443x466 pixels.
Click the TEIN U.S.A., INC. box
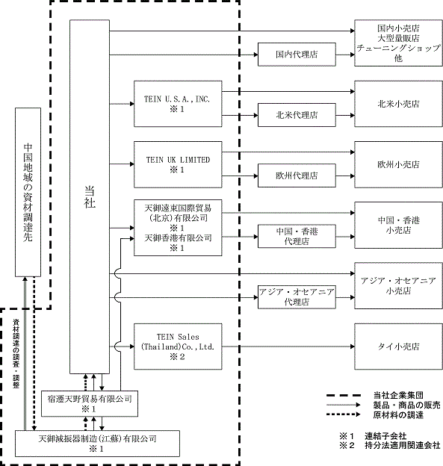(x=178, y=104)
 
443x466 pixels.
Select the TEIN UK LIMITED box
(x=178, y=164)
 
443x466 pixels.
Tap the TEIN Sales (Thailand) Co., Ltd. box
(x=178, y=347)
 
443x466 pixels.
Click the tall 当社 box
(x=90, y=196)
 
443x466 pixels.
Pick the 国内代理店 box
(x=297, y=55)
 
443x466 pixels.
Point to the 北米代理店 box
(x=297, y=115)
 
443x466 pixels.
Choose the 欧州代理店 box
(x=297, y=175)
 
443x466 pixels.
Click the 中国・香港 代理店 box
(x=297, y=236)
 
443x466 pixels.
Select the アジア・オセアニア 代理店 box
(x=297, y=297)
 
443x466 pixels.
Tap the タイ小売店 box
(x=398, y=347)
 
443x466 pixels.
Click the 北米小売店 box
(x=398, y=104)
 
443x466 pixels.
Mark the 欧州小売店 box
(x=398, y=164)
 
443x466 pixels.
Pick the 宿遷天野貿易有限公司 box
(x=90, y=403)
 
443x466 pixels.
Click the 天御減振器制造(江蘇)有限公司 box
(x=97, y=444)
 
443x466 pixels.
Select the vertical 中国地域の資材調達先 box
(x=28, y=192)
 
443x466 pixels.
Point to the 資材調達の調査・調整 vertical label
(x=16, y=353)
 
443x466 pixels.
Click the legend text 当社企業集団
(x=398, y=395)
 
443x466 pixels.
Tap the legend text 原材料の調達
(x=398, y=415)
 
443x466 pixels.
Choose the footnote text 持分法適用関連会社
(x=402, y=445)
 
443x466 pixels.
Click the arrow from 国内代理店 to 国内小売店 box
(x=345, y=55)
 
